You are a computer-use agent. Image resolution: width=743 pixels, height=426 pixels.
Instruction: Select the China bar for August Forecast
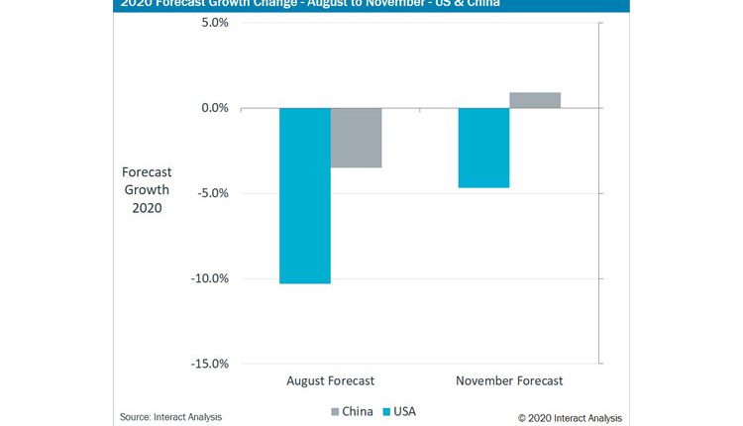click(356, 138)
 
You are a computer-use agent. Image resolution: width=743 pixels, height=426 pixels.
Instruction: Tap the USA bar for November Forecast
click(483, 148)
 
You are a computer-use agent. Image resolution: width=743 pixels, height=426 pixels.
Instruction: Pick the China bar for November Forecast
click(535, 100)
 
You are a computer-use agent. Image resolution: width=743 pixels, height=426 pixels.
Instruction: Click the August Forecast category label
click(330, 380)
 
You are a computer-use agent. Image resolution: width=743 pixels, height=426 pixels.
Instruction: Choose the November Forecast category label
click(509, 380)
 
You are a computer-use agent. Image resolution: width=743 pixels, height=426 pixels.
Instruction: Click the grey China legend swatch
click(335, 411)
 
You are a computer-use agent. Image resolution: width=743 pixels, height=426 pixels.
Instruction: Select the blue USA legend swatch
click(388, 411)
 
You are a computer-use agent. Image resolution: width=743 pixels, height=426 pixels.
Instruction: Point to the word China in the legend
click(357, 411)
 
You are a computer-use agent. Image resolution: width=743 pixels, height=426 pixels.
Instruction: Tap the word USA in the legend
click(406, 411)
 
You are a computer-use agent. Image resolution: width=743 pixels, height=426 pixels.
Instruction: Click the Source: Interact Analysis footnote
click(170, 417)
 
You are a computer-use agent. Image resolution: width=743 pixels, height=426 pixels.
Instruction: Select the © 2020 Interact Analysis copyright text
click(571, 417)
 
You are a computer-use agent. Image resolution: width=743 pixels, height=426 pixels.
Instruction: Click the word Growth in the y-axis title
click(147, 190)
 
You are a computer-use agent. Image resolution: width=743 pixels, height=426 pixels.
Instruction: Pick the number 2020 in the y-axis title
click(147, 209)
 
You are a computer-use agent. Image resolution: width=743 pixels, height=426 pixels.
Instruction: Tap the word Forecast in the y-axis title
click(147, 171)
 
